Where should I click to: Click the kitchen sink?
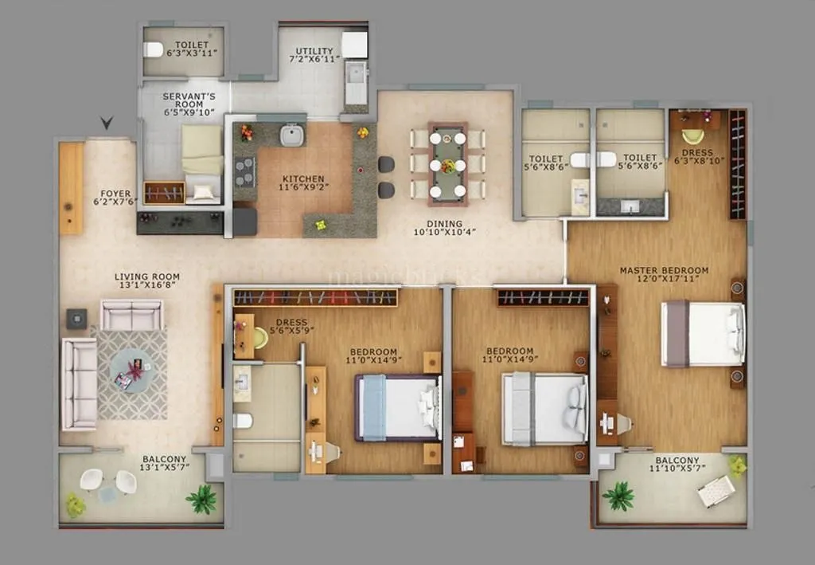coord(292,135)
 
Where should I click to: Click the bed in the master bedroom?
coord(703,334)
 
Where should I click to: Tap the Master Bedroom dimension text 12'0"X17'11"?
coord(664,280)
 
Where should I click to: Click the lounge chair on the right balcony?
coord(716,490)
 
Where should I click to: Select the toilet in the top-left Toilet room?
coord(153,49)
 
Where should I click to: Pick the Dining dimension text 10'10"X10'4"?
coord(444,233)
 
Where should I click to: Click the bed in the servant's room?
coord(202,159)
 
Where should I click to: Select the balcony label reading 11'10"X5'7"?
coord(677,470)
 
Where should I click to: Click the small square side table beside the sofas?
coord(77,319)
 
